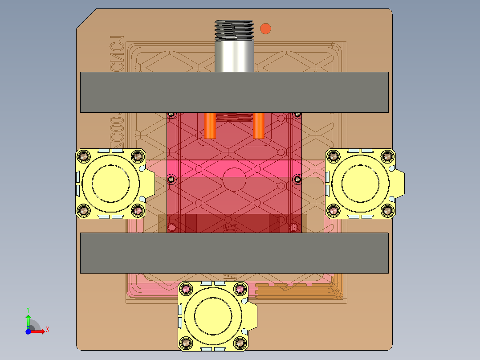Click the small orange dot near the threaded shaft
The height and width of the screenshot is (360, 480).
coord(265,29)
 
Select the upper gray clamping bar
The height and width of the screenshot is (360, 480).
coord(234,92)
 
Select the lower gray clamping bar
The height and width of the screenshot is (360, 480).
coord(234,253)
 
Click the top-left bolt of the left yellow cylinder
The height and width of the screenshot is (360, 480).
coord(83,156)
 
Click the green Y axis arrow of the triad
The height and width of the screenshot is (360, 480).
coord(28,319)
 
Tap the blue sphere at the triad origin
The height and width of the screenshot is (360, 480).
coord(28,331)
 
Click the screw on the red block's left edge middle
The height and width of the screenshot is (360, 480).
coord(171,179)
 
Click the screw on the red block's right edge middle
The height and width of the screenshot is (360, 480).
coord(297,179)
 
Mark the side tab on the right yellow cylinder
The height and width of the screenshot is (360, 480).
coord(399,183)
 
